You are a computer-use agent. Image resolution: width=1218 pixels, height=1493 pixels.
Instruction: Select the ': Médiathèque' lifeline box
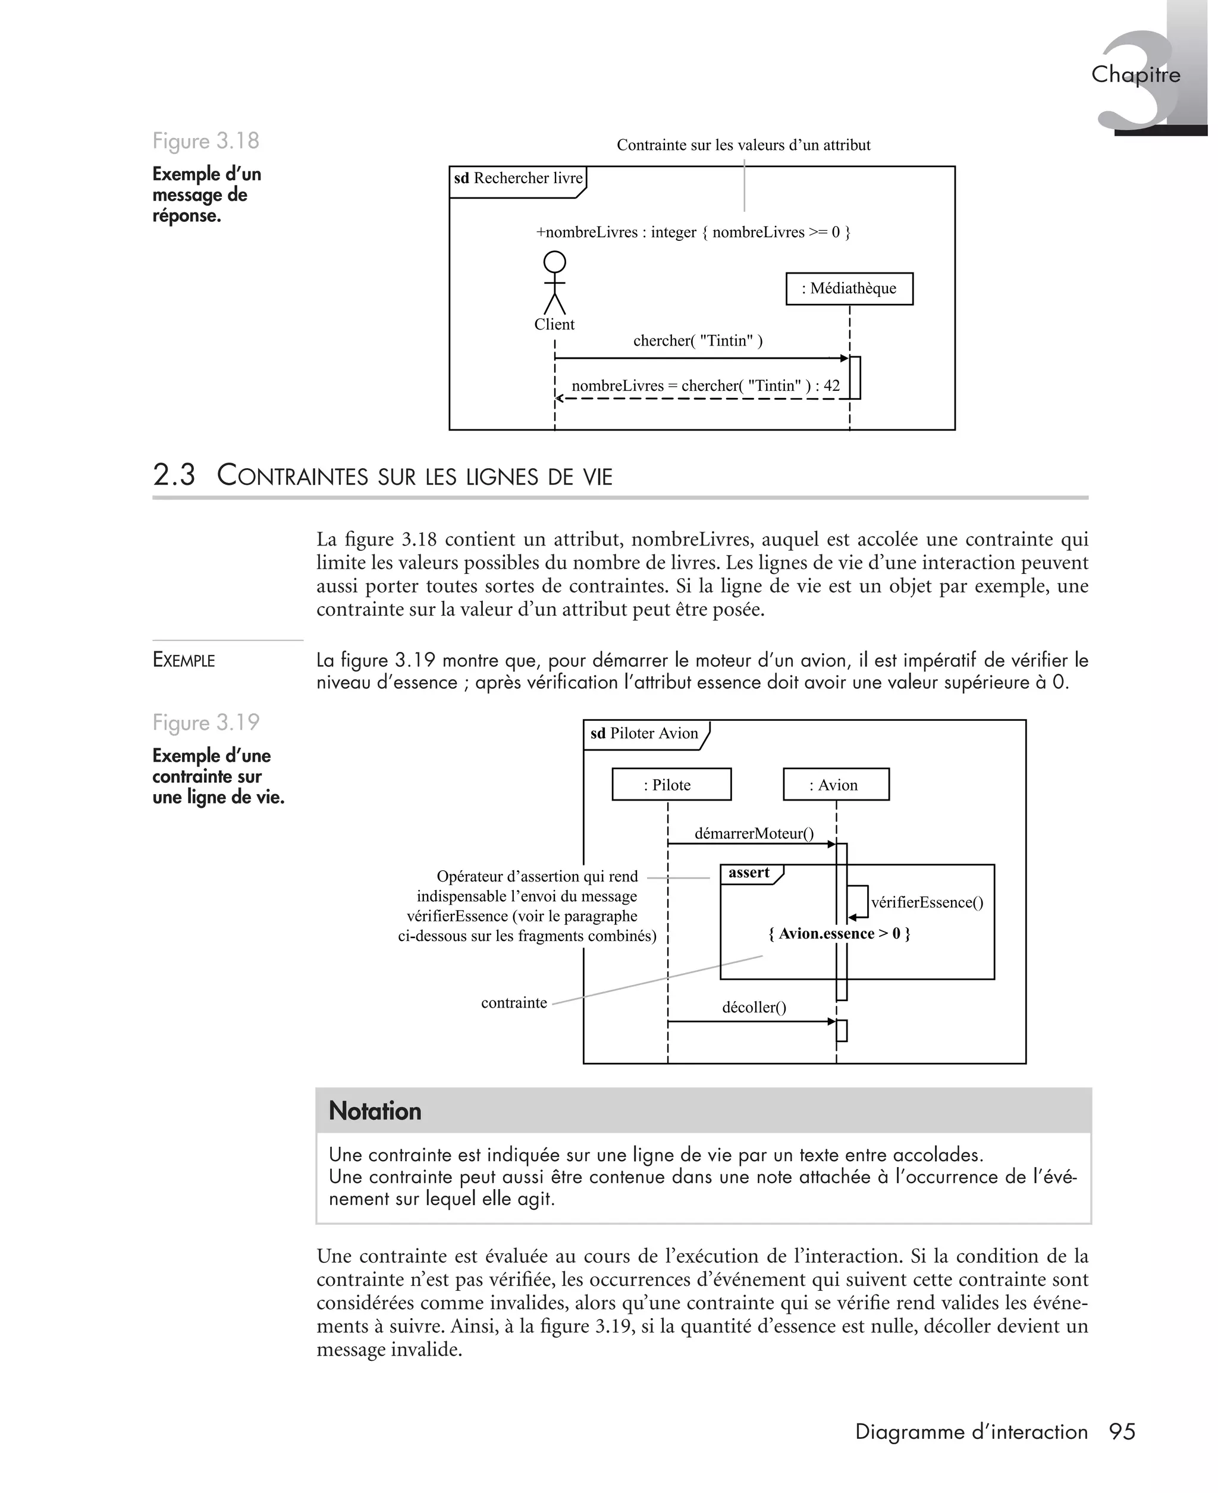tap(849, 288)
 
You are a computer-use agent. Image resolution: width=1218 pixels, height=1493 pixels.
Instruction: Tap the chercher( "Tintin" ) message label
tap(698, 341)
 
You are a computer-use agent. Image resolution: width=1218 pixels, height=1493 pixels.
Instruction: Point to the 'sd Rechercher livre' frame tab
tap(518, 179)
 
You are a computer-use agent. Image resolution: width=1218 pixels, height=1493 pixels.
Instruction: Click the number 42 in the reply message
tap(831, 386)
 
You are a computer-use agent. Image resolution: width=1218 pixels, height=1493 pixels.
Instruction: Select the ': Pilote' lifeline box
tap(671, 785)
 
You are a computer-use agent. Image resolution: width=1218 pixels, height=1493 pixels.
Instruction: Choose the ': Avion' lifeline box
tap(836, 785)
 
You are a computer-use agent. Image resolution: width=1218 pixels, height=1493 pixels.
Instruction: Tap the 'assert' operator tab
tap(749, 873)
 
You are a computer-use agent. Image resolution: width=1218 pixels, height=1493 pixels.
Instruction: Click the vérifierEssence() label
tap(927, 902)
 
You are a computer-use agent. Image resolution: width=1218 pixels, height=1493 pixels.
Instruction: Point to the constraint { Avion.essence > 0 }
tap(839, 934)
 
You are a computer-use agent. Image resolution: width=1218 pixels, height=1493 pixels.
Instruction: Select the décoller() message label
tap(754, 1008)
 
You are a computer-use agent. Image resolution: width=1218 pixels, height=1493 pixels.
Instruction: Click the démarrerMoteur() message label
tap(754, 833)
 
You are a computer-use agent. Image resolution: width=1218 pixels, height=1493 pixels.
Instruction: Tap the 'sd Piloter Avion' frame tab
tap(645, 734)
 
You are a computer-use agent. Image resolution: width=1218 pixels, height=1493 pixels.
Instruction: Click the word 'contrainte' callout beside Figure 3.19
tap(514, 1003)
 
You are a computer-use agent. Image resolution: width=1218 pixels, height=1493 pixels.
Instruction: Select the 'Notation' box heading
tap(375, 1111)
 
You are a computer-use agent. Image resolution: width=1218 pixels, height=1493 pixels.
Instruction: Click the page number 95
tap(1122, 1432)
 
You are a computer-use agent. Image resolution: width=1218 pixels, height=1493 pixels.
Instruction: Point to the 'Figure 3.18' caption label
tap(206, 141)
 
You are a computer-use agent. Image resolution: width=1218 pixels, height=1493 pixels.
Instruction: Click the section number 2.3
tap(174, 475)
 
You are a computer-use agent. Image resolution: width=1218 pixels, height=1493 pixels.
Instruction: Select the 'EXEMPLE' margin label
tap(184, 660)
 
